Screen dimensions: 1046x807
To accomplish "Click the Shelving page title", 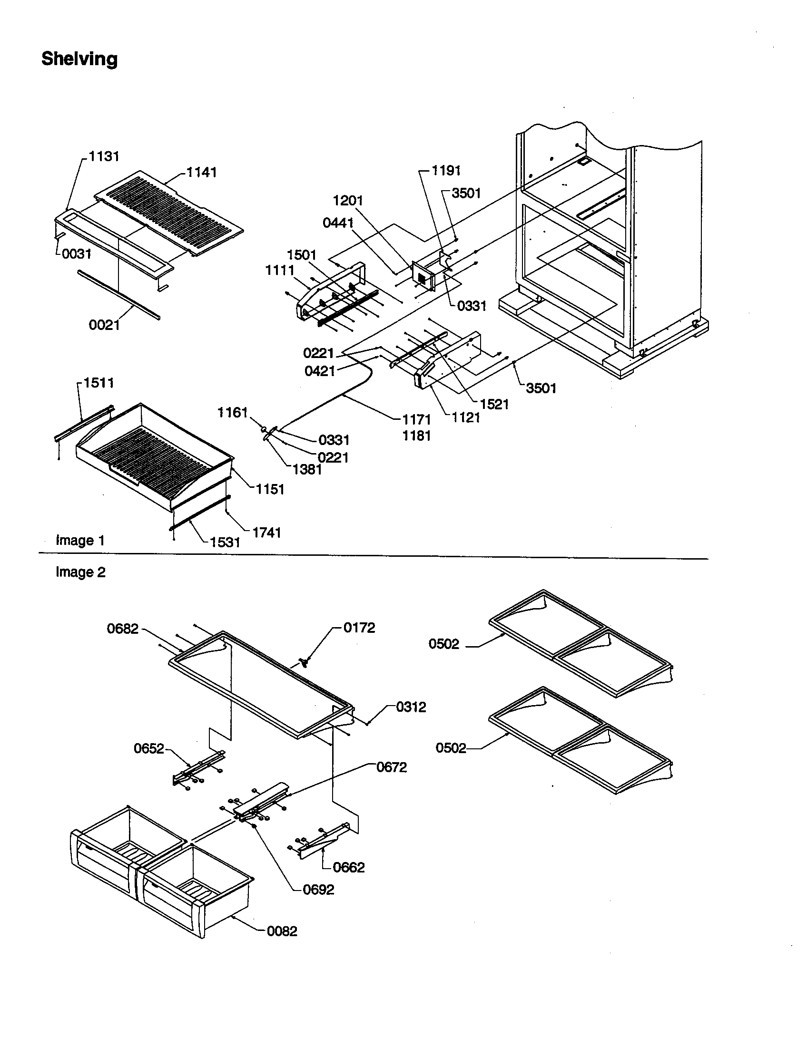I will point(79,59).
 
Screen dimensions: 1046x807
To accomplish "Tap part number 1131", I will point(104,156).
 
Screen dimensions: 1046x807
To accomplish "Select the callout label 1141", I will point(201,173).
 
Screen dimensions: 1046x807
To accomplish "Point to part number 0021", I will point(104,325).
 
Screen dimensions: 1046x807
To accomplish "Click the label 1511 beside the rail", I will point(98,383).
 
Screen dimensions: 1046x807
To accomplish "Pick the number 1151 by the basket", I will point(270,489).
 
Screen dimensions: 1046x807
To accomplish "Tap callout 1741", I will point(266,532).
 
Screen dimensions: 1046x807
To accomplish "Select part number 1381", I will point(307,469).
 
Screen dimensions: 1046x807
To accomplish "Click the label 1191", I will point(446,171).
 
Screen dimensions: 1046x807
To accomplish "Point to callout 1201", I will point(348,201).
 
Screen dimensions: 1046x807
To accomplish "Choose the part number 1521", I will point(494,404).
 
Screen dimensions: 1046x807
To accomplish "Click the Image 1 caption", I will point(80,540).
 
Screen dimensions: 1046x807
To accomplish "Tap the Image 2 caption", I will point(80,572).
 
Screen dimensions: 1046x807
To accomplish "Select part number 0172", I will point(359,628).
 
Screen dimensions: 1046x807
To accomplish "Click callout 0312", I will point(411,707).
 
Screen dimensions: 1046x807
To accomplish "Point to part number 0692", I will point(319,890).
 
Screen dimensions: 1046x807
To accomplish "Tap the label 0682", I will point(123,629).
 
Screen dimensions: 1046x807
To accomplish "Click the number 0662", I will point(348,867).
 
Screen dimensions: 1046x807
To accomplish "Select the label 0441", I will point(338,223).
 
